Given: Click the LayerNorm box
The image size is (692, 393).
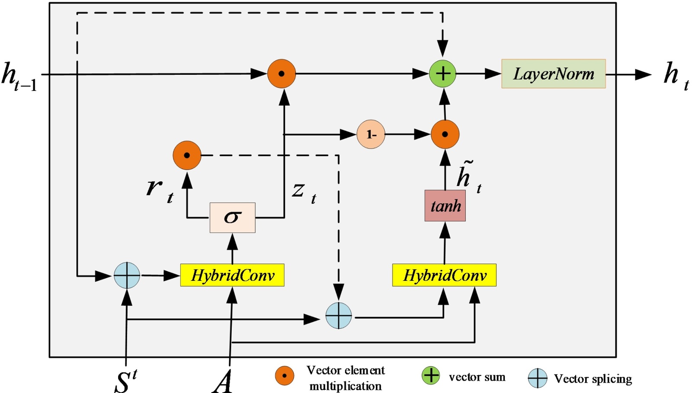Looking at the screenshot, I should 553,74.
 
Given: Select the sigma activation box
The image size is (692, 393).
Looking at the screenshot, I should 232,217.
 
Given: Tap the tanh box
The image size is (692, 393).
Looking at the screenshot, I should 445,206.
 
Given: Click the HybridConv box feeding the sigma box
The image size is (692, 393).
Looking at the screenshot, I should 232,275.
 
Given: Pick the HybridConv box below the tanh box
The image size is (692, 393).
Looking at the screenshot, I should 444,275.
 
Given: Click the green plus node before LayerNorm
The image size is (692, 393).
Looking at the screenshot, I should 442,74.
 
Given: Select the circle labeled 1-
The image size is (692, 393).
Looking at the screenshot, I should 371,135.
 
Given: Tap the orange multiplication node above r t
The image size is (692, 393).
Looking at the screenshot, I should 187,155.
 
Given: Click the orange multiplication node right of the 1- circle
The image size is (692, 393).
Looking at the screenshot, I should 445,134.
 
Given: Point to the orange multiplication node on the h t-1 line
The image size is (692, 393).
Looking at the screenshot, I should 282,74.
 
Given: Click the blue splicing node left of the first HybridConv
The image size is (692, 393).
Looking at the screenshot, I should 127,275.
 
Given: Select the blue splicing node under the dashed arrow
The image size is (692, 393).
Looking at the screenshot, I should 338,316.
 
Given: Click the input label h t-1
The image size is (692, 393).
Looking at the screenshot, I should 19,77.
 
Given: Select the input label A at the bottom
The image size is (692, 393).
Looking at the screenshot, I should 223,381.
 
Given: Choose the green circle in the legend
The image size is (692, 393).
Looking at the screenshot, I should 431,375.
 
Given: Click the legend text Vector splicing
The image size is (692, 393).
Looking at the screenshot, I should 593,379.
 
